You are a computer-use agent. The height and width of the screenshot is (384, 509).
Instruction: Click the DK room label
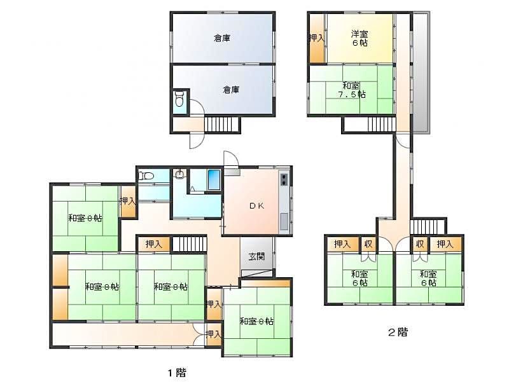point(257,205)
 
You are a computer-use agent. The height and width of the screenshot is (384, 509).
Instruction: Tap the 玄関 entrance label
point(257,257)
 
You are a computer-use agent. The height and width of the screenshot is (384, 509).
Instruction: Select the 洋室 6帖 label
point(359,38)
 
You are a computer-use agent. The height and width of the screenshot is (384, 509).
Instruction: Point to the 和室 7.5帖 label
point(352,90)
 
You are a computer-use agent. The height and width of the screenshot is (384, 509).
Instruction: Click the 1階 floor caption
point(177,373)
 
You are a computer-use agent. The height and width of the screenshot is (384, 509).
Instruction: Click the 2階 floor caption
point(398,332)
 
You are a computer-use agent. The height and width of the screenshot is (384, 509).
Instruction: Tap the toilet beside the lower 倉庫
point(179,99)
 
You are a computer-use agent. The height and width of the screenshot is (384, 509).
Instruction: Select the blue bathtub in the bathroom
point(214,180)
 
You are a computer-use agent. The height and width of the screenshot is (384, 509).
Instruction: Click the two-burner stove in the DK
point(284,179)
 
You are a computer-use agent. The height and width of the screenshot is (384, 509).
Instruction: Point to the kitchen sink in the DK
point(284,221)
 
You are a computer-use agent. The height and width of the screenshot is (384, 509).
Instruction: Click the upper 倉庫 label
point(222,38)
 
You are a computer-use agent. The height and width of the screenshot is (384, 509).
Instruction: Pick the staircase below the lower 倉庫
point(221,124)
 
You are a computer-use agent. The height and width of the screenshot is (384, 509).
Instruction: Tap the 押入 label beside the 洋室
point(316,38)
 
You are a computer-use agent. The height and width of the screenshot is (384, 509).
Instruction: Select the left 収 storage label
point(368,244)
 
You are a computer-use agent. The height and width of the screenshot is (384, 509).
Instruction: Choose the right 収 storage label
point(420,244)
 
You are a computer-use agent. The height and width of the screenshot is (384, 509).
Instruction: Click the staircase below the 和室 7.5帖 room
point(382,124)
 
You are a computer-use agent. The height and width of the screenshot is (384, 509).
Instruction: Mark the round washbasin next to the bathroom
point(179,175)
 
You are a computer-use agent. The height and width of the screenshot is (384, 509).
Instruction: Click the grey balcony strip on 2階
point(421,72)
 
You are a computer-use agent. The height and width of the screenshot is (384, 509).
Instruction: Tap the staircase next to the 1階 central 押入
point(189,244)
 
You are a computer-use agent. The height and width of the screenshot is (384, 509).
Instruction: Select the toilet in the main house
point(146,176)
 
